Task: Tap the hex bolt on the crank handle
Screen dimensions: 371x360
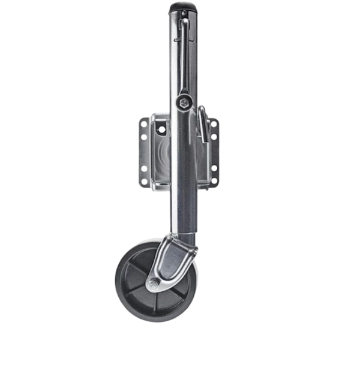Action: [x=185, y=102]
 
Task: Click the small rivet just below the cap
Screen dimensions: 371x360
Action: [x=176, y=37]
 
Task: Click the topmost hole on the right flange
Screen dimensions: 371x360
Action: [x=214, y=123]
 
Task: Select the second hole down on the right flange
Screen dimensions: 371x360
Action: [x=214, y=136]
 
